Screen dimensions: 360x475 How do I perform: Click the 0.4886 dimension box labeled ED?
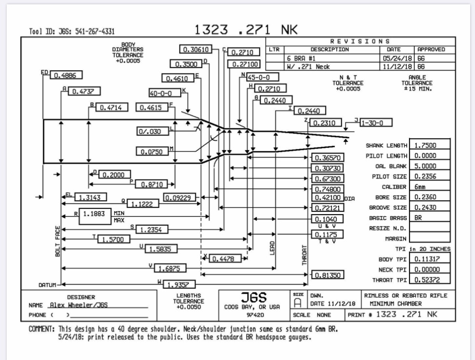66,76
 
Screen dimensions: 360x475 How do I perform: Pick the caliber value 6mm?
430,186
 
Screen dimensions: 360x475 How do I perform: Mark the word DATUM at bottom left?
47,285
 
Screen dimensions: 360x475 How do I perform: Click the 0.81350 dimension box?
327,275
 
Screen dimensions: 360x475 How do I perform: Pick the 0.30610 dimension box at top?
197,50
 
